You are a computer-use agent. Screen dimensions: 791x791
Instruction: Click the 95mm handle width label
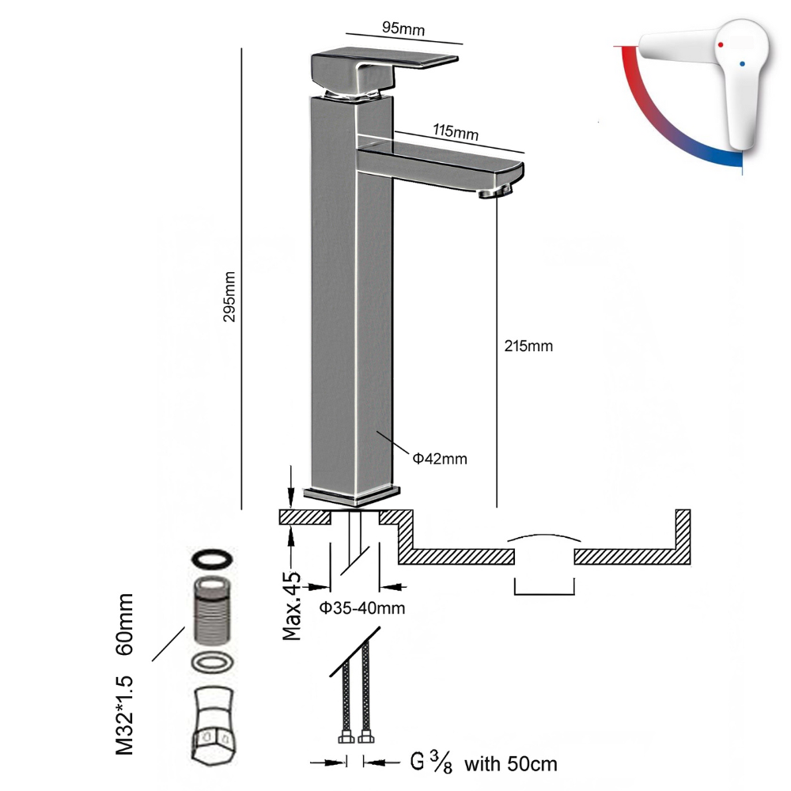tap(403, 29)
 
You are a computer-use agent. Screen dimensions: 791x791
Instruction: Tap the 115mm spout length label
tap(456, 132)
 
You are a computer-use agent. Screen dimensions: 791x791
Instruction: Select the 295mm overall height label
tap(229, 296)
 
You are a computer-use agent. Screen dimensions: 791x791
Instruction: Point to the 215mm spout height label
tap(528, 346)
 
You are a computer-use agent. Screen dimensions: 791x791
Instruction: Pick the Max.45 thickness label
tap(293, 604)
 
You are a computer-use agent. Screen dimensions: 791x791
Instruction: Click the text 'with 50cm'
tap(510, 764)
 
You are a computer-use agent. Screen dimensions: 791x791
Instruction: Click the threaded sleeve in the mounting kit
tap(212, 613)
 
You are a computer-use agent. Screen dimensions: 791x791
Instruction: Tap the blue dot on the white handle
tap(741, 61)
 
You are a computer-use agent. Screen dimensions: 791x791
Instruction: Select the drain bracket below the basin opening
tap(543, 587)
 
